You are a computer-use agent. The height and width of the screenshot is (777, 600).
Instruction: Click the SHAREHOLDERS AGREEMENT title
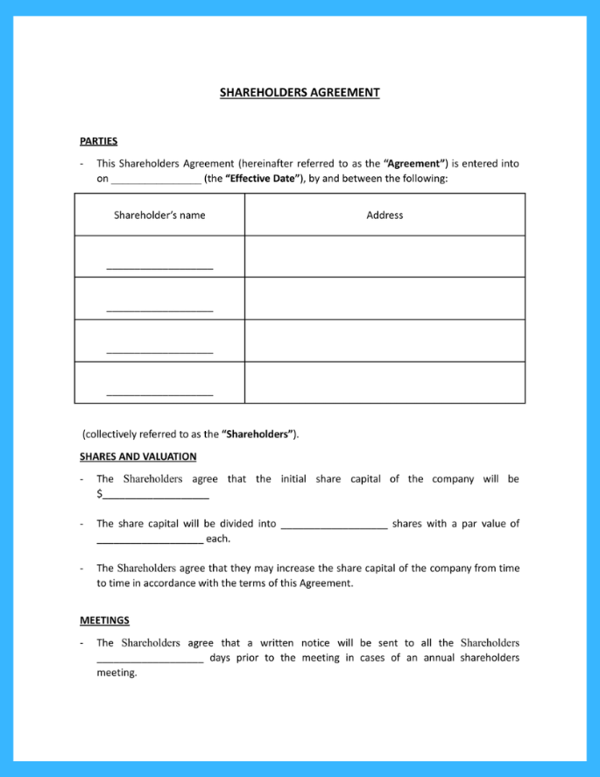click(x=300, y=92)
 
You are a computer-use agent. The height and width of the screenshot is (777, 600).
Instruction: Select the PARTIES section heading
click(x=98, y=140)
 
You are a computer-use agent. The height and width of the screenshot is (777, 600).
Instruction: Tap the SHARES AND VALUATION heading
click(x=138, y=456)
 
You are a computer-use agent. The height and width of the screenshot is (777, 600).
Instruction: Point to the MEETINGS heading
click(x=104, y=620)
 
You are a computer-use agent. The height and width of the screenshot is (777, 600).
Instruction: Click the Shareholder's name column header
click(x=159, y=215)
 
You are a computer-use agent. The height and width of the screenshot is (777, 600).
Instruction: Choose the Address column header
click(x=385, y=215)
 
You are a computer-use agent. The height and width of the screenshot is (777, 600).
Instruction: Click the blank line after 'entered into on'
click(x=156, y=180)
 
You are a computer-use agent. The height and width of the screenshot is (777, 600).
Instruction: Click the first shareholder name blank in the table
click(x=159, y=265)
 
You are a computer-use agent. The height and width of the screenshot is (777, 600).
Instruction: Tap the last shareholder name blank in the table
click(x=159, y=392)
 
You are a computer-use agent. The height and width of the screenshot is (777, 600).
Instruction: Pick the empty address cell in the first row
click(x=385, y=257)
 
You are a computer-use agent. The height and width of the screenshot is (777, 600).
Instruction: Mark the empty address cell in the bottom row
click(x=385, y=383)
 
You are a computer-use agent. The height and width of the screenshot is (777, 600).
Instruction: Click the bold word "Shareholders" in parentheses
click(x=258, y=434)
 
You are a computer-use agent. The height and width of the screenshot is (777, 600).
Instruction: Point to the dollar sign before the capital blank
click(x=99, y=494)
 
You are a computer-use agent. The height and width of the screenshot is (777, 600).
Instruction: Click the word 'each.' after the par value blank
click(x=218, y=539)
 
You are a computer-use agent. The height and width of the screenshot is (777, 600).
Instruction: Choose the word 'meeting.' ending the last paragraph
click(x=116, y=673)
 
